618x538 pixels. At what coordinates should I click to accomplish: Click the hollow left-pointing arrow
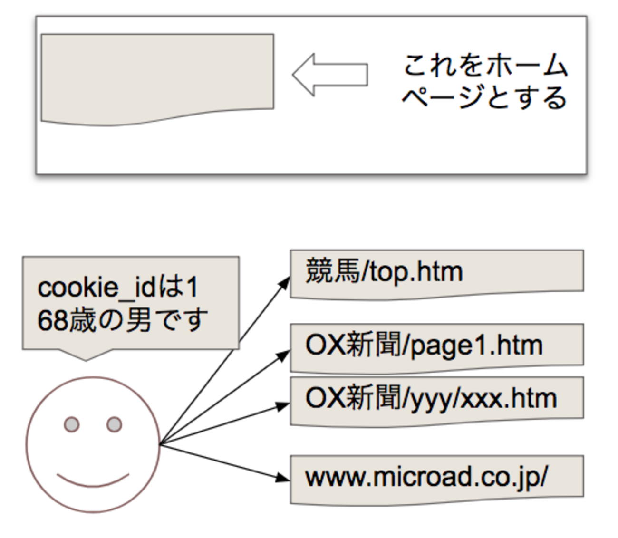click(329, 75)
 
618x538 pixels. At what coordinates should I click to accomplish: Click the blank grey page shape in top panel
click(157, 76)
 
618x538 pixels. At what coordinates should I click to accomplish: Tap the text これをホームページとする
click(485, 81)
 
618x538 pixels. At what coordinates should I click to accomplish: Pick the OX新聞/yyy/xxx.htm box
click(436, 399)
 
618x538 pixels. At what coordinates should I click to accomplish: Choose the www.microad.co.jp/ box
click(436, 478)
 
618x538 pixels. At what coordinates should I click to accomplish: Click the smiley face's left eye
click(72, 424)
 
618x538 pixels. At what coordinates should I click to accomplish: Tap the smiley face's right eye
click(114, 424)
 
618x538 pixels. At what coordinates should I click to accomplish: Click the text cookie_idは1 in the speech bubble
click(117, 288)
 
